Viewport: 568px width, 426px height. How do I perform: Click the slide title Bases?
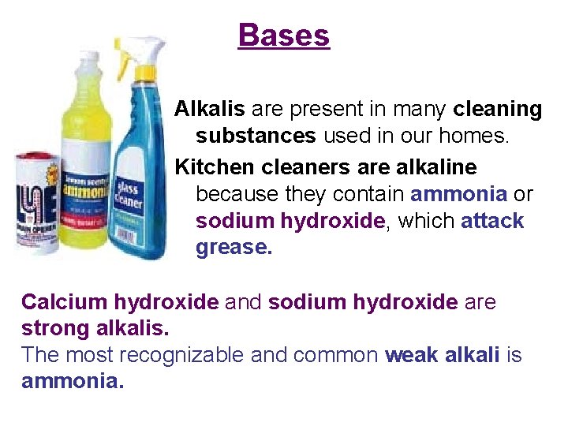coord(284,35)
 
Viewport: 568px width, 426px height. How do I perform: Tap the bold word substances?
coord(256,136)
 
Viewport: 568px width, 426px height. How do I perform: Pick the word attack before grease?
coord(492,221)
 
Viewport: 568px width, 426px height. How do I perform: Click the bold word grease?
coord(234,248)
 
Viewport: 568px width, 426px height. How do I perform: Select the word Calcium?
coord(65,302)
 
